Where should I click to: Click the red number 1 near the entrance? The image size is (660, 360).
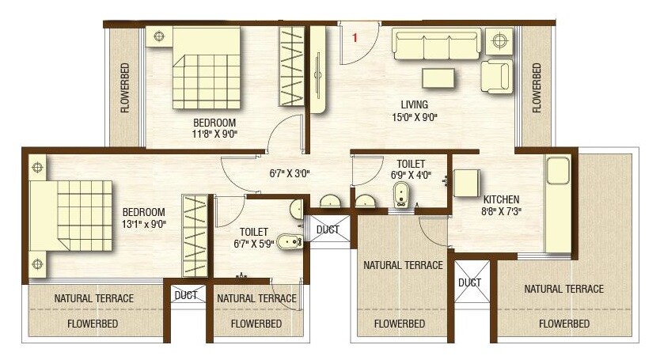355,36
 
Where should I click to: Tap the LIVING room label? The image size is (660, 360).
414,104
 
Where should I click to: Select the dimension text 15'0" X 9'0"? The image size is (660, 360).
414,117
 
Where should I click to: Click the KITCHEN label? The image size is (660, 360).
502,199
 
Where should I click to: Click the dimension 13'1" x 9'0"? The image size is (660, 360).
143,225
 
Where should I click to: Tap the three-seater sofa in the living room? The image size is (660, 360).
436,45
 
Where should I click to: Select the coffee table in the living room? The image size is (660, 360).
438,78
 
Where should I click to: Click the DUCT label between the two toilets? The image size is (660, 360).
328,229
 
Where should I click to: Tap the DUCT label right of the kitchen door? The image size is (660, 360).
469,282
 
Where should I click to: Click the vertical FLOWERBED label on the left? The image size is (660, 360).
125,88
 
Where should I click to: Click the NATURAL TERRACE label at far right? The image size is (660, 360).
563,289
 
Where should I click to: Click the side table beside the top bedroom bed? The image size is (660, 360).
161,36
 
